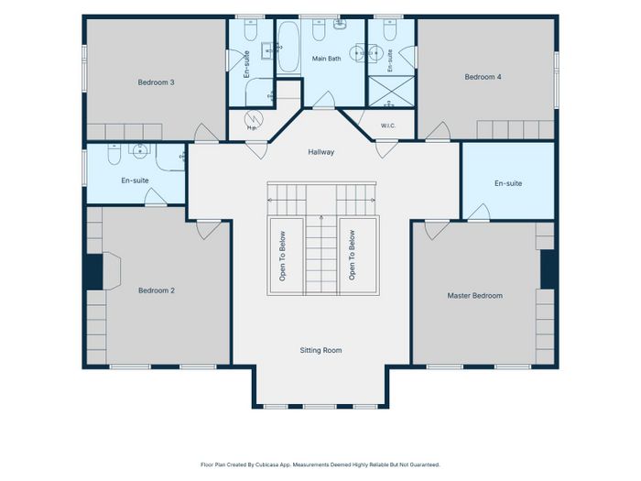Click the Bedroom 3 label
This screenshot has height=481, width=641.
pos(156,82)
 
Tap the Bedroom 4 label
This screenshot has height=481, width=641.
pos(483,77)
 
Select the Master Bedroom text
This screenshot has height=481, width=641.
pos(474,295)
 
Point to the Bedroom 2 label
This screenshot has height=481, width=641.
pos(157,290)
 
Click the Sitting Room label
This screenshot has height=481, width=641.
pos(320,350)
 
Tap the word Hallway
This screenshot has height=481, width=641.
pos(320,152)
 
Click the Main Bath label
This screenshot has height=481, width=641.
pos(326,59)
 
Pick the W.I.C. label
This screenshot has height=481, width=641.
pos(388,126)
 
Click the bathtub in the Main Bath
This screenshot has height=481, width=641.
pos(288,47)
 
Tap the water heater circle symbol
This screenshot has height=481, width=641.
pos(254,119)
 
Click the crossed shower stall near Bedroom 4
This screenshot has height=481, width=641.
pos(391,91)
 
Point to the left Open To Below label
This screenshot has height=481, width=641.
pos(282,256)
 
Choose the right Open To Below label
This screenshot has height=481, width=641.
pos(352,255)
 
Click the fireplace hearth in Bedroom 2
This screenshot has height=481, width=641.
pos(111,271)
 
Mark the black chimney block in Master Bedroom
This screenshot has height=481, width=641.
pos(548,269)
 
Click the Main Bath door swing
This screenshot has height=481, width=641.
pos(324,100)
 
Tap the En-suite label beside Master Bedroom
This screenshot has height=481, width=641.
pos(508,183)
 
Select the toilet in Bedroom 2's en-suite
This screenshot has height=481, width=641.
pos(114,154)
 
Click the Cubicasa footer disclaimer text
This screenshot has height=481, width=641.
pos(320,465)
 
